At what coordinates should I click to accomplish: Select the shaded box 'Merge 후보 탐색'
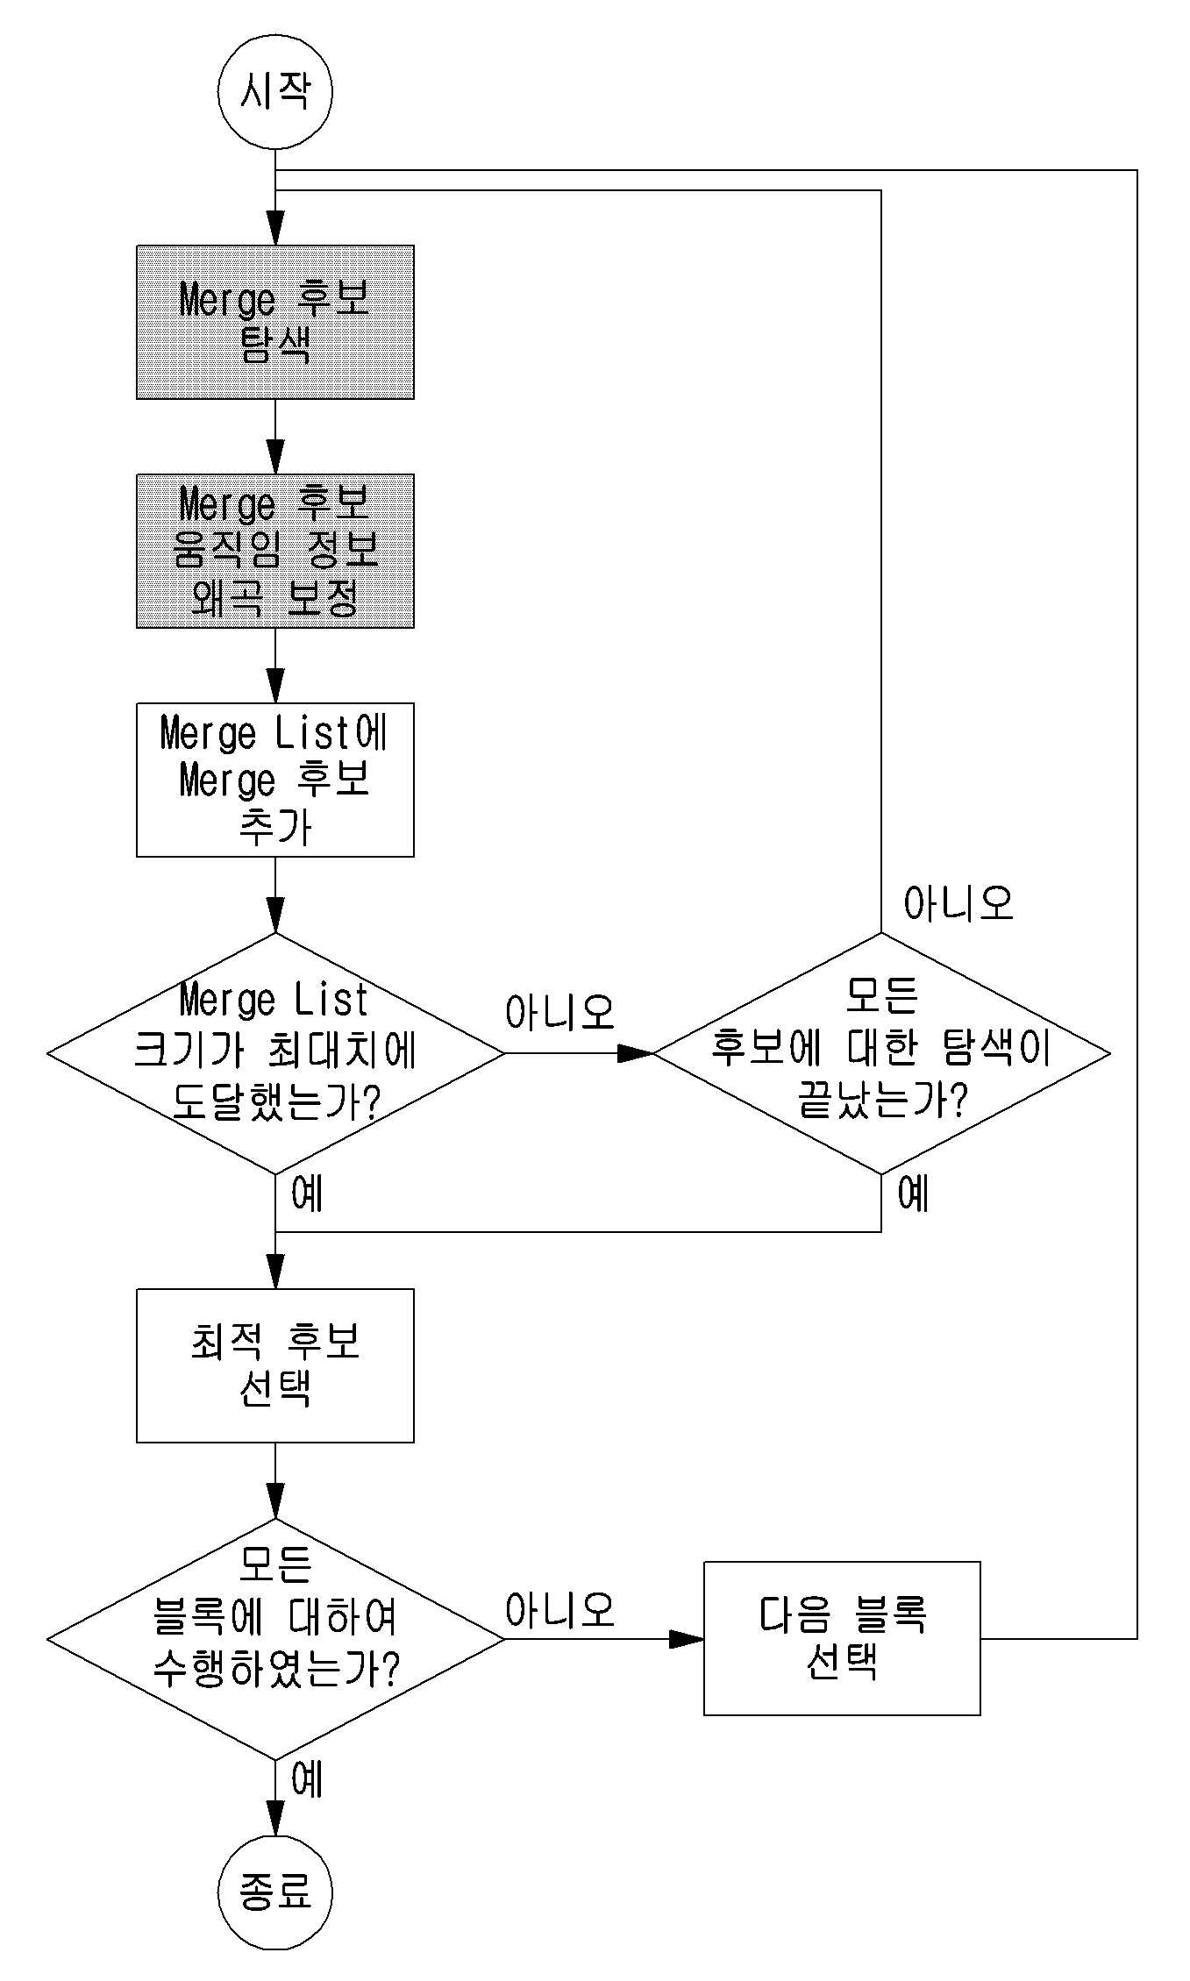(274, 322)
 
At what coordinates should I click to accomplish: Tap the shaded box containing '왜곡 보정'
(274, 551)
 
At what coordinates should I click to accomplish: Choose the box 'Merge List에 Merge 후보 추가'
(274, 780)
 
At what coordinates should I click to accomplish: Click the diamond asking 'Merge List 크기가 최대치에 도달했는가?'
(275, 1053)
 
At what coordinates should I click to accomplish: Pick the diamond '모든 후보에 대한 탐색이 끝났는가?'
(881, 1053)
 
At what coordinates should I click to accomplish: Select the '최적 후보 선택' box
(274, 1365)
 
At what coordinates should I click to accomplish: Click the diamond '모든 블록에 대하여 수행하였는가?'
(275, 1638)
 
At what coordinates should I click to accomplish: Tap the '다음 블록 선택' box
(842, 1638)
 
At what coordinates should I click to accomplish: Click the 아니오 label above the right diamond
(958, 903)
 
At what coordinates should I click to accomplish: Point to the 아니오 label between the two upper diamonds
(559, 1012)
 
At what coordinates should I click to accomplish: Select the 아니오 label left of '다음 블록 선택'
(559, 1610)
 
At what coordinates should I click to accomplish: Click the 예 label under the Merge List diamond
(308, 1194)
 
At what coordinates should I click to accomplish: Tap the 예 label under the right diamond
(914, 1194)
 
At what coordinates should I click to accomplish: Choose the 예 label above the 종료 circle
(308, 1780)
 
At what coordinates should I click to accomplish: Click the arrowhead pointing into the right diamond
(635, 1053)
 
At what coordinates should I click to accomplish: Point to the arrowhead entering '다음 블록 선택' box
(687, 1638)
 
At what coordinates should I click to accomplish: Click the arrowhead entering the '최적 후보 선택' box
(275, 1272)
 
